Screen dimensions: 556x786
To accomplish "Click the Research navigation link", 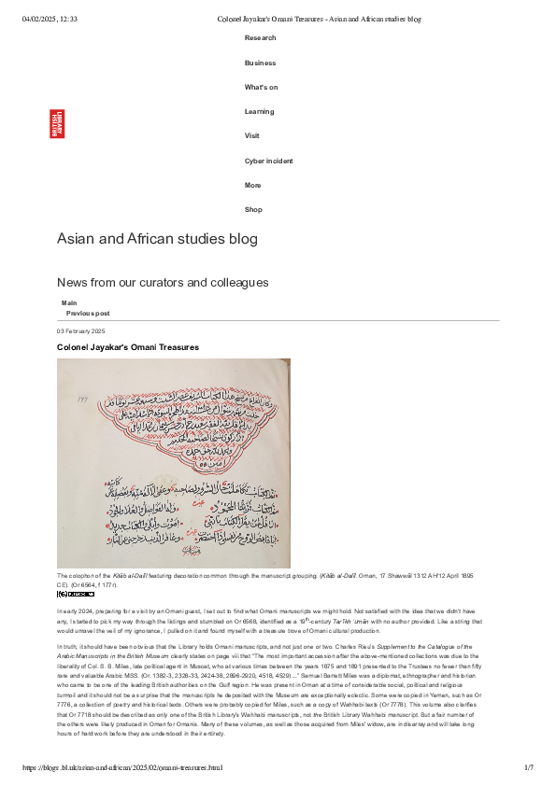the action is [260, 38].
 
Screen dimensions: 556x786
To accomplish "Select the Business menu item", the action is [260, 63].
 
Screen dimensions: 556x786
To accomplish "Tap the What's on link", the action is [261, 87].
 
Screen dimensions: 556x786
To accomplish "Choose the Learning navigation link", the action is [259, 112].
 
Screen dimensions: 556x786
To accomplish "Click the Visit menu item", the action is [252, 135].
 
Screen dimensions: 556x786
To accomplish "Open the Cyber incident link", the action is [268, 161].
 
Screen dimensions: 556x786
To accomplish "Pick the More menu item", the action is [252, 185].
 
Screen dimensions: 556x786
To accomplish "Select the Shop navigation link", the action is [253, 210].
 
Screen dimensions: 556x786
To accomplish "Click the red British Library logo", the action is [58, 124].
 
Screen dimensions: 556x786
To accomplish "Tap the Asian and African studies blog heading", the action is [157, 239].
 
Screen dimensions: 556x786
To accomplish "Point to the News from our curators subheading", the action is [163, 282].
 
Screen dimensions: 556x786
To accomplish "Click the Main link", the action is [69, 303].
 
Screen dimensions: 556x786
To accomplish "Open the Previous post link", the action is [88, 314].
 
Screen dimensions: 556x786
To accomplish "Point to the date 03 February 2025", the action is [81, 331].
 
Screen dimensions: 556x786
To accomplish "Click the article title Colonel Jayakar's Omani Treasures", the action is [128, 347].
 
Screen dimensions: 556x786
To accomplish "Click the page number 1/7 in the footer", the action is [527, 767].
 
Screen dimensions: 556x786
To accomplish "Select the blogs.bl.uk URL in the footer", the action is [122, 767].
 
